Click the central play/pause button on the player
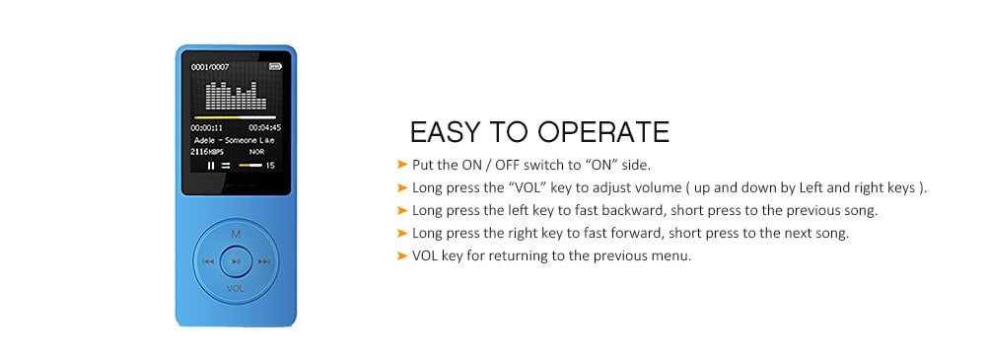tap(236, 261)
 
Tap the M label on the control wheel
tap(236, 234)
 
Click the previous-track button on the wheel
tap(208, 261)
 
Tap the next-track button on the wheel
tap(264, 261)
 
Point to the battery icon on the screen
tap(275, 66)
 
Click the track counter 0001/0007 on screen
tap(210, 67)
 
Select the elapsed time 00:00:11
tap(207, 127)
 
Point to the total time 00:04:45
tap(264, 127)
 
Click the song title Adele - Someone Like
tap(235, 140)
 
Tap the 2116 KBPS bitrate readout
tap(207, 152)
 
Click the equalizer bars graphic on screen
tap(236, 96)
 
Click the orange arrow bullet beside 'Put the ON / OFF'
tap(402, 165)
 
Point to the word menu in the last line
tap(672, 256)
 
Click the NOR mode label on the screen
tap(256, 152)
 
